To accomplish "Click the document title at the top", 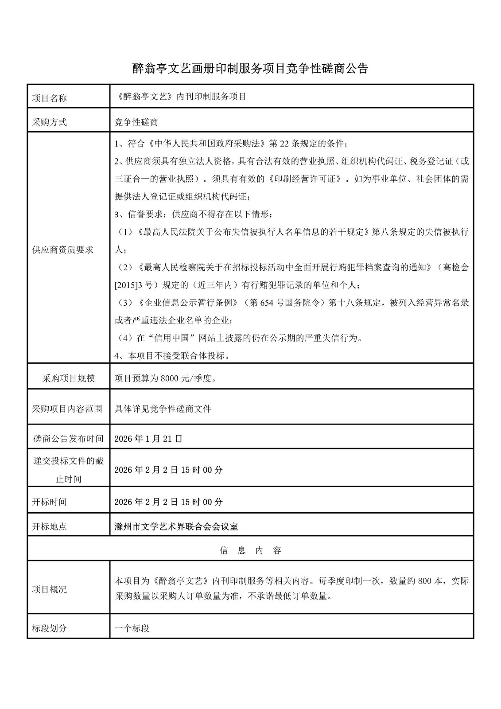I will tap(250, 68).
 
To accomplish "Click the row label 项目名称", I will tap(50, 98).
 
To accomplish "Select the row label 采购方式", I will tap(50, 122).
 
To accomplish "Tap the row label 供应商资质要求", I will tap(63, 250).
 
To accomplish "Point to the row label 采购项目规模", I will tap(69, 378).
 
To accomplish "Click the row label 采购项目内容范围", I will tap(67, 409).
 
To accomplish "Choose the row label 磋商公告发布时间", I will tap(69, 439).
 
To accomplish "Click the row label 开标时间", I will tap(50, 502).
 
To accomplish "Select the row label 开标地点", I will tap(50, 527).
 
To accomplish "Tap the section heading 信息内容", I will tap(251, 551).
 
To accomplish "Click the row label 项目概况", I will tap(50, 589).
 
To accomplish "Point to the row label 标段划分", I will tap(50, 628).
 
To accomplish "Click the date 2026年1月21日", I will tap(148, 439).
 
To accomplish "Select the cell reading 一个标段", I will tap(132, 628).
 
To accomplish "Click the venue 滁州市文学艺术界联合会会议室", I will tap(176, 526).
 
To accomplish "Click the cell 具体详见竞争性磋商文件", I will tap(163, 409).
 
